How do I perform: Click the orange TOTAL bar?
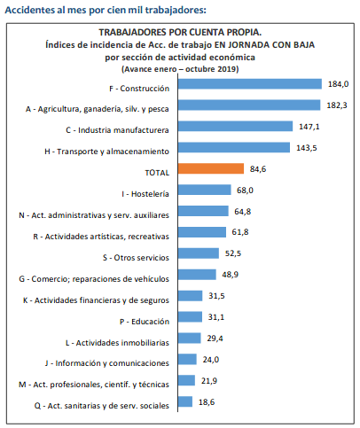(x=211, y=168)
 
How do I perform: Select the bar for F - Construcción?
(x=250, y=83)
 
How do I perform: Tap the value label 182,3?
(x=337, y=105)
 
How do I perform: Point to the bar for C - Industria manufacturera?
(x=235, y=126)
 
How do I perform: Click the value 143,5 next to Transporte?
(x=307, y=148)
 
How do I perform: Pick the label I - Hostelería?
(x=145, y=194)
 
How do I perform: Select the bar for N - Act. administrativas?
(x=203, y=211)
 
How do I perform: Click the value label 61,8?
(x=240, y=232)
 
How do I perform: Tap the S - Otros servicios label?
(x=136, y=258)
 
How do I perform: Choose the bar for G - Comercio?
(x=197, y=275)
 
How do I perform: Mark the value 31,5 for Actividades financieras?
(x=216, y=296)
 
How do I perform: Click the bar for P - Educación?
(x=190, y=317)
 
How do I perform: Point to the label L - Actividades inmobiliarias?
(x=117, y=343)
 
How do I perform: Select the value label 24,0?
(x=211, y=360)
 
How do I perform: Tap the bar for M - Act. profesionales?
(x=186, y=380)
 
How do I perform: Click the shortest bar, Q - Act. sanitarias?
(x=185, y=401)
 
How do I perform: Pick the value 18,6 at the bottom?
(x=207, y=402)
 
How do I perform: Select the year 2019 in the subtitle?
(x=228, y=69)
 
